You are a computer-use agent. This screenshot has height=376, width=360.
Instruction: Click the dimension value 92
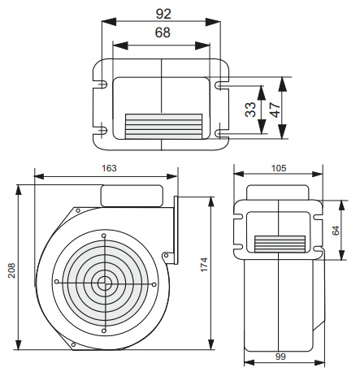click(163, 14)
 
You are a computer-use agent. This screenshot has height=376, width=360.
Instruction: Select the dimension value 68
click(163, 32)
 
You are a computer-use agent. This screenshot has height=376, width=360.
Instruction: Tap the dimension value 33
click(250, 110)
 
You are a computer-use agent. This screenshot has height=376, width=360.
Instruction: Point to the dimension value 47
click(275, 110)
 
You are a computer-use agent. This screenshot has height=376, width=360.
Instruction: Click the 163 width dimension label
click(109, 168)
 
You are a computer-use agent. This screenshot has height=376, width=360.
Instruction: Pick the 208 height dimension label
click(11, 270)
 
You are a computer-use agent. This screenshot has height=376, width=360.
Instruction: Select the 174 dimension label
click(204, 265)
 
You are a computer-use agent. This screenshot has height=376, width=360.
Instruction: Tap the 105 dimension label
click(279, 168)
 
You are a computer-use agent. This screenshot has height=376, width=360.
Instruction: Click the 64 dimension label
click(336, 231)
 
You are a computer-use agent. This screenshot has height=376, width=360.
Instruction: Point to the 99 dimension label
click(280, 357)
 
